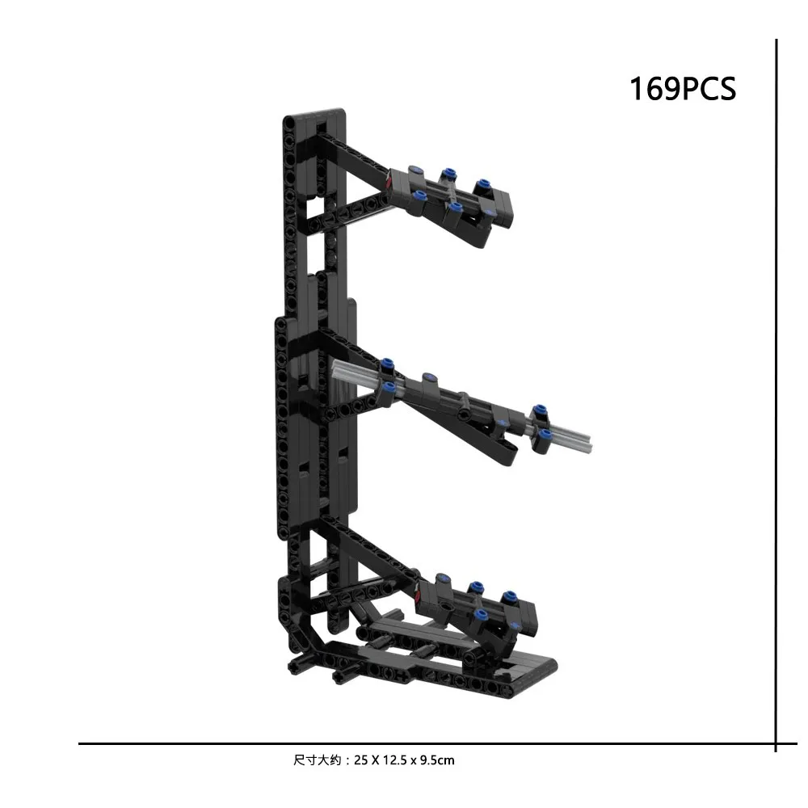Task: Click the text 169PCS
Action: pyautogui.click(x=683, y=89)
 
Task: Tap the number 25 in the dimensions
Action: pyautogui.click(x=360, y=760)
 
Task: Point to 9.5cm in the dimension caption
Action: pyautogui.click(x=437, y=760)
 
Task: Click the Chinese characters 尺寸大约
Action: pyautogui.click(x=318, y=760)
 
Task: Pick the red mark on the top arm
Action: pyautogui.click(x=389, y=183)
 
